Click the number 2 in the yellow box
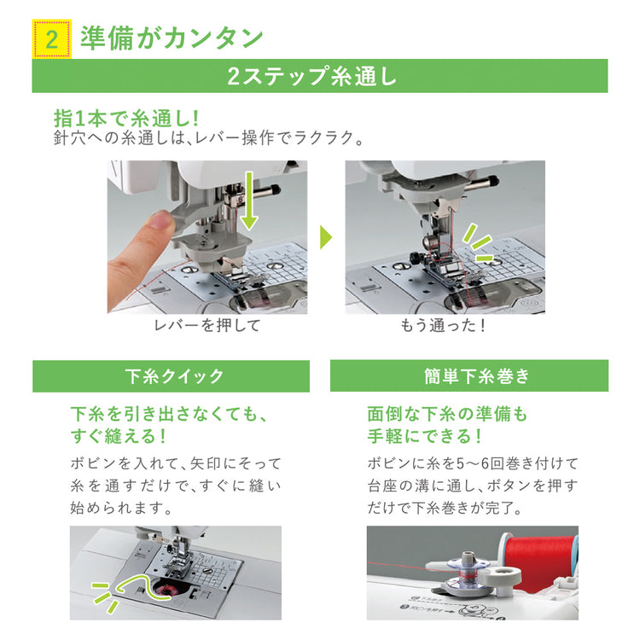tap(52, 40)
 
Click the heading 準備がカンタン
tap(172, 38)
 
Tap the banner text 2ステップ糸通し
tap(311, 76)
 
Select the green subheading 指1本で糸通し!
tap(126, 119)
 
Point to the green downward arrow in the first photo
tap(248, 200)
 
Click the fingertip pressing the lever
tap(161, 224)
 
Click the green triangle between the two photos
tap(326, 236)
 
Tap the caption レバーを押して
tap(207, 326)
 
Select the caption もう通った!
tap(443, 326)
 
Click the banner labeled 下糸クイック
tap(171, 376)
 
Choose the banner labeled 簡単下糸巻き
tap(469, 375)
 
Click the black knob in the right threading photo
tap(415, 258)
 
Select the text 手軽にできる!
tap(424, 436)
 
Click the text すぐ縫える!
tap(119, 436)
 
